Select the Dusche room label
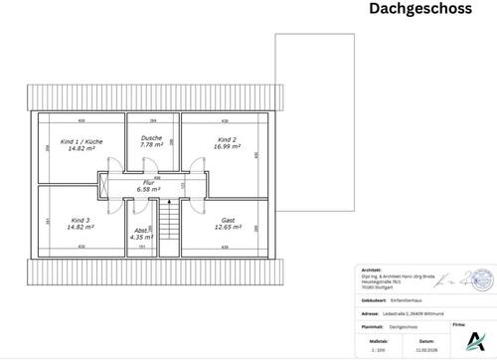(x=151, y=137)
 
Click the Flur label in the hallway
(x=149, y=182)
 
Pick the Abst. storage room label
(x=141, y=231)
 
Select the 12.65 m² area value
(x=228, y=226)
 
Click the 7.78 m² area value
(x=151, y=144)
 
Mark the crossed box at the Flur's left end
(x=104, y=183)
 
